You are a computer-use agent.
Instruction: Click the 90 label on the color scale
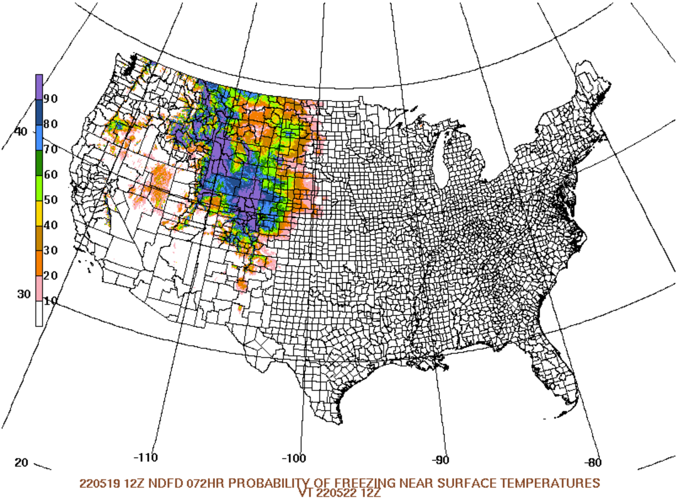52,99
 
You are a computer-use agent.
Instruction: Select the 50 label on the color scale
52,200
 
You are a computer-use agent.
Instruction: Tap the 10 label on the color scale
52,301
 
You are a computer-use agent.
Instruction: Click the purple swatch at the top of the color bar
39,86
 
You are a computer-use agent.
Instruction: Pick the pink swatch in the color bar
39,288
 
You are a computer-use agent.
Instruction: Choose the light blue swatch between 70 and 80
39,137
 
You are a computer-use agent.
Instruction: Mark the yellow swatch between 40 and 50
39,212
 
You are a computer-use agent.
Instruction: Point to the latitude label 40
21,131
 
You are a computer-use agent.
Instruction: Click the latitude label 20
21,463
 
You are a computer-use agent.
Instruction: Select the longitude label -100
295,458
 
